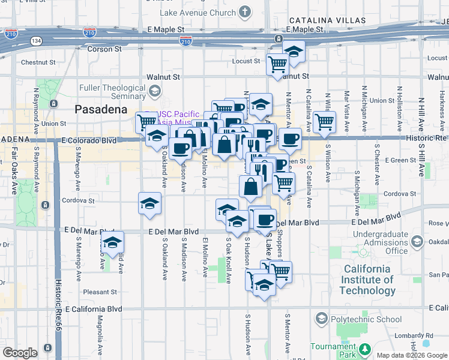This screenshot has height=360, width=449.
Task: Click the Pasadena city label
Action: point(101,109)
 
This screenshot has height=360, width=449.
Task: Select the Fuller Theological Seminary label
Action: point(112,92)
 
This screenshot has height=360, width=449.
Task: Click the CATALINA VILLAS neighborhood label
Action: point(327,20)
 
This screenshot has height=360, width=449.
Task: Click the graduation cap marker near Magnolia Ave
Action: point(112,242)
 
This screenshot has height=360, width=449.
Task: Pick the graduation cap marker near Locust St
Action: point(294,52)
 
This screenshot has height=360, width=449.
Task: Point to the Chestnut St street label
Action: point(38,62)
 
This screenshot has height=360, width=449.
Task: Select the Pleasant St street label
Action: point(100,292)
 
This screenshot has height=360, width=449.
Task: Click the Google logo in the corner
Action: point(20,352)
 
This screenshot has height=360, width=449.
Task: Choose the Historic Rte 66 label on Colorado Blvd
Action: point(424,138)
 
